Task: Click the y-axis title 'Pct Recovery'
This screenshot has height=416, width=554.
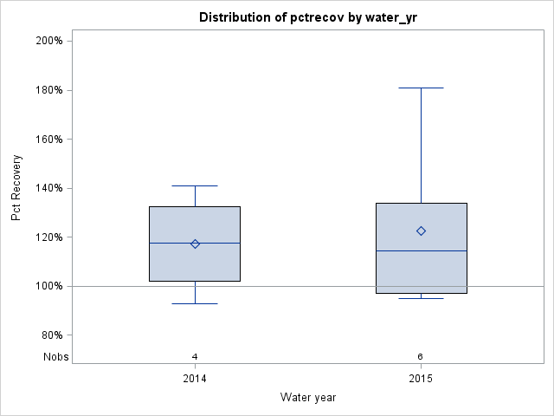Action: click(x=16, y=188)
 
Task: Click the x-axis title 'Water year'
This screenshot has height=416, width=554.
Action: click(x=308, y=397)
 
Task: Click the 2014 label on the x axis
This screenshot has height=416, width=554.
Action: click(x=195, y=379)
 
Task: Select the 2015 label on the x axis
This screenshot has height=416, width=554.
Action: click(x=421, y=379)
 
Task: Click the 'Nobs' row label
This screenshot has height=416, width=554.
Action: click(x=55, y=357)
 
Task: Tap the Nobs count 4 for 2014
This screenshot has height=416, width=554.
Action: click(x=195, y=356)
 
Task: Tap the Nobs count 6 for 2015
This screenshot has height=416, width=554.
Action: click(x=421, y=356)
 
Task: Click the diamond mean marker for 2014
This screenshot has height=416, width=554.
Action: click(x=195, y=244)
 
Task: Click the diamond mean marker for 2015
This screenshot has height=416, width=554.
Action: click(x=421, y=231)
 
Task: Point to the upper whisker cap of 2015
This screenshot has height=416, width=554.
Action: click(x=421, y=88)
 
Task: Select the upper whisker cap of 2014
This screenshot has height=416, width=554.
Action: click(x=195, y=185)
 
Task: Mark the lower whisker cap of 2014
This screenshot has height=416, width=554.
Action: click(x=195, y=303)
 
